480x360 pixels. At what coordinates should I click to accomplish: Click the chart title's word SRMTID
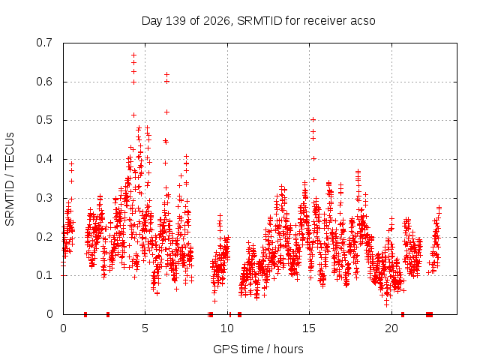(259, 21)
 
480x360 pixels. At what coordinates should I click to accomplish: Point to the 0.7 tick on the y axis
(44, 43)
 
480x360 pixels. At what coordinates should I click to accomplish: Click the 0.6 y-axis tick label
(44, 82)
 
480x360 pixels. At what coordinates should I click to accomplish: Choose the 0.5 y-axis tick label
(44, 120)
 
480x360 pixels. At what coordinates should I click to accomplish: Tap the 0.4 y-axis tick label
(44, 159)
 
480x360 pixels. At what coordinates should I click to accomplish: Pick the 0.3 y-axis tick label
(44, 198)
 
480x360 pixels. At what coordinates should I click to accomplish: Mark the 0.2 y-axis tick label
(44, 237)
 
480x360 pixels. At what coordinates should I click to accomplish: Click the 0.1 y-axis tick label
(44, 275)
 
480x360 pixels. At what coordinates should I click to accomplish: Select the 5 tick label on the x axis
(145, 328)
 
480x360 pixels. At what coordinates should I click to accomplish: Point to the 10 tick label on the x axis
(227, 328)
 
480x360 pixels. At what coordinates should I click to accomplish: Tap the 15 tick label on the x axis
(309, 328)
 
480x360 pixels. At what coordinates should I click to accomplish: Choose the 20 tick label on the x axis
(391, 328)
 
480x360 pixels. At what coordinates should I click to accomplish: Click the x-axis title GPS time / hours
(258, 349)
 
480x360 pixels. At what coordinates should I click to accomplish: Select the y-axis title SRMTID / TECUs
(10, 179)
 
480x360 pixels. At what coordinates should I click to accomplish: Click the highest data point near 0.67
(133, 55)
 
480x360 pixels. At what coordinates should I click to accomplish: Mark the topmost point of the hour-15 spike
(313, 120)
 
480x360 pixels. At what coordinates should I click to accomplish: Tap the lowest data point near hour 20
(387, 305)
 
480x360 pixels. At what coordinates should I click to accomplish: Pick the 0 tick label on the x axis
(63, 328)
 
